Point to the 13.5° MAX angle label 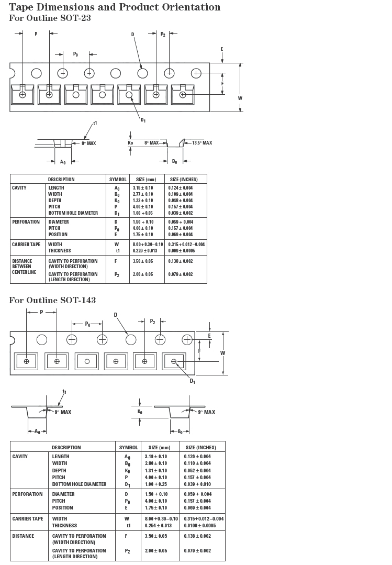(201, 143)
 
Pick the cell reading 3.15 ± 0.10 (142, 188)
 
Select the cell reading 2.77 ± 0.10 (142, 194)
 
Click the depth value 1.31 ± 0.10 (156, 471)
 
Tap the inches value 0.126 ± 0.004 (197, 457)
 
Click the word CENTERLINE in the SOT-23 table (24, 272)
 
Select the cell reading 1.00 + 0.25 (156, 484)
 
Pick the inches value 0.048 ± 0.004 (181, 201)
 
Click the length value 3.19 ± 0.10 (156, 457)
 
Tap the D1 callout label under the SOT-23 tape (143, 120)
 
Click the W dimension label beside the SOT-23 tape (240, 98)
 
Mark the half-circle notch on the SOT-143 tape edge (12, 340)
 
